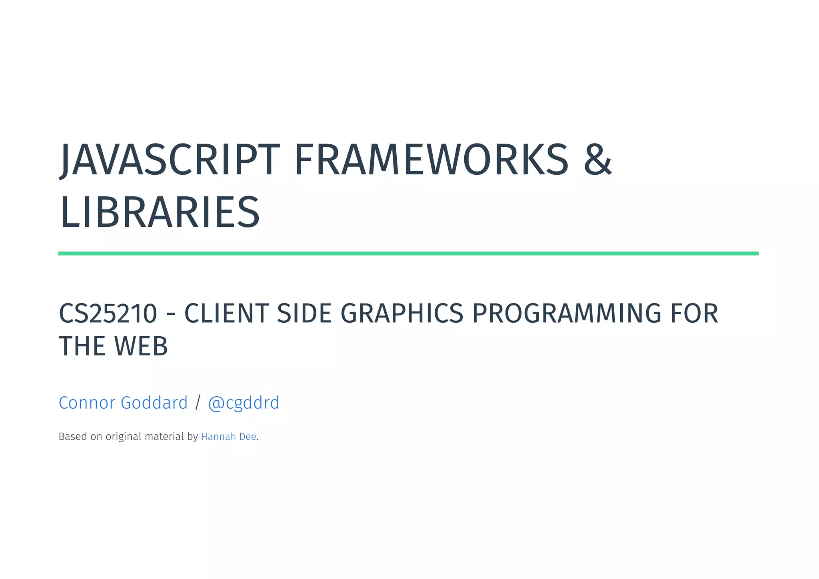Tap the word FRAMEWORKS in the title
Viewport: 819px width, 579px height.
point(431,160)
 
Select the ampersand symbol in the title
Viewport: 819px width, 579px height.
point(597,160)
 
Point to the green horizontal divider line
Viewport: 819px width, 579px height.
point(408,254)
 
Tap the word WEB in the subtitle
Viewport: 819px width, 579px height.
point(141,346)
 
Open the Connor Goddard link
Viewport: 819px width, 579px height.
point(123,403)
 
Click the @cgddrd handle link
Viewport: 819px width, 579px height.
point(244,403)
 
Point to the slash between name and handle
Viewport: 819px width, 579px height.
point(198,403)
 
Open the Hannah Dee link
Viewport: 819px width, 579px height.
point(228,437)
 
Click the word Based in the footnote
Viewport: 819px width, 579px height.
point(73,437)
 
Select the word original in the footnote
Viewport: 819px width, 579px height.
point(123,437)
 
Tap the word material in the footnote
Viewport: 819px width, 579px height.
point(164,437)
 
